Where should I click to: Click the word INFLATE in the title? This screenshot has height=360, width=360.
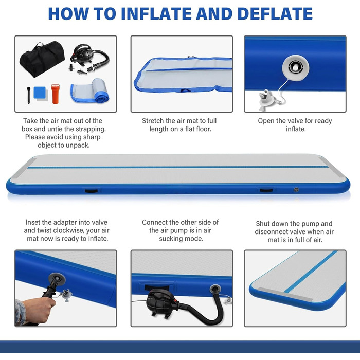[156, 14]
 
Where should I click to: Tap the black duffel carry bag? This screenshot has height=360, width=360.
[42, 59]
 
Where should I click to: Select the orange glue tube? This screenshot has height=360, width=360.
[56, 94]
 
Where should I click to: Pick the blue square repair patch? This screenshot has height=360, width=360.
[40, 92]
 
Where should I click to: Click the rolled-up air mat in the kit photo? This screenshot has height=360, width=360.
[90, 91]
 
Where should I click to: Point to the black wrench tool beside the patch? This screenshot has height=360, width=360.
[28, 95]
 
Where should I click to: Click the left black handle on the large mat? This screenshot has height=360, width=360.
[92, 191]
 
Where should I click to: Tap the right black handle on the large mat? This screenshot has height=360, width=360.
[266, 190]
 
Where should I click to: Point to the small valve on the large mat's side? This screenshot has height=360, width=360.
[296, 190]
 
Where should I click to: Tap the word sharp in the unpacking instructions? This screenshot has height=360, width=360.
[92, 137]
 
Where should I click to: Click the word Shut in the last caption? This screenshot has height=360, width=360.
[263, 223]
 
